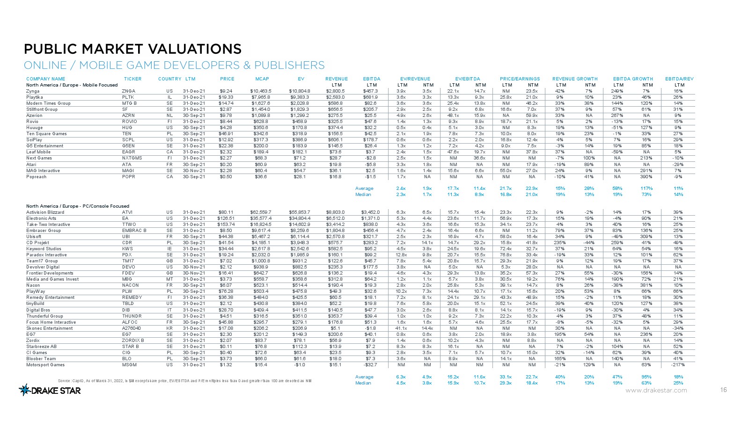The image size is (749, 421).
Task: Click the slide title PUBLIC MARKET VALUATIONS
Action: point(133,49)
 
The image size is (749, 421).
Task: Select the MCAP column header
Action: point(262,79)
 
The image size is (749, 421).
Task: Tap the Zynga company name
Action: point(33,91)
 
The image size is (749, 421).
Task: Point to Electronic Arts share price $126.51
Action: point(227,218)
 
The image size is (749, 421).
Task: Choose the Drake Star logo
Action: point(50,390)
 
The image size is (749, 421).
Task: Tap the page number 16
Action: point(724,390)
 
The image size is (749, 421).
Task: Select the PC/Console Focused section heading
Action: point(78,206)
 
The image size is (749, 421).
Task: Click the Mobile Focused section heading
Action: point(72,85)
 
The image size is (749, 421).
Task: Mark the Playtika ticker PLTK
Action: point(128,97)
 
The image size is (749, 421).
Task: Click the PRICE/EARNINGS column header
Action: point(520,79)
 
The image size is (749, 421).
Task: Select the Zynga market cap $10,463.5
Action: point(261,91)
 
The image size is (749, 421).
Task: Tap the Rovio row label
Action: point(33,122)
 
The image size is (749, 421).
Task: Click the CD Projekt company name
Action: point(37,243)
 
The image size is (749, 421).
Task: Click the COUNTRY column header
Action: point(169,79)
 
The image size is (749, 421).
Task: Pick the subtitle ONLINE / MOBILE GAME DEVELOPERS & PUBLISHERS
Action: point(174,65)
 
